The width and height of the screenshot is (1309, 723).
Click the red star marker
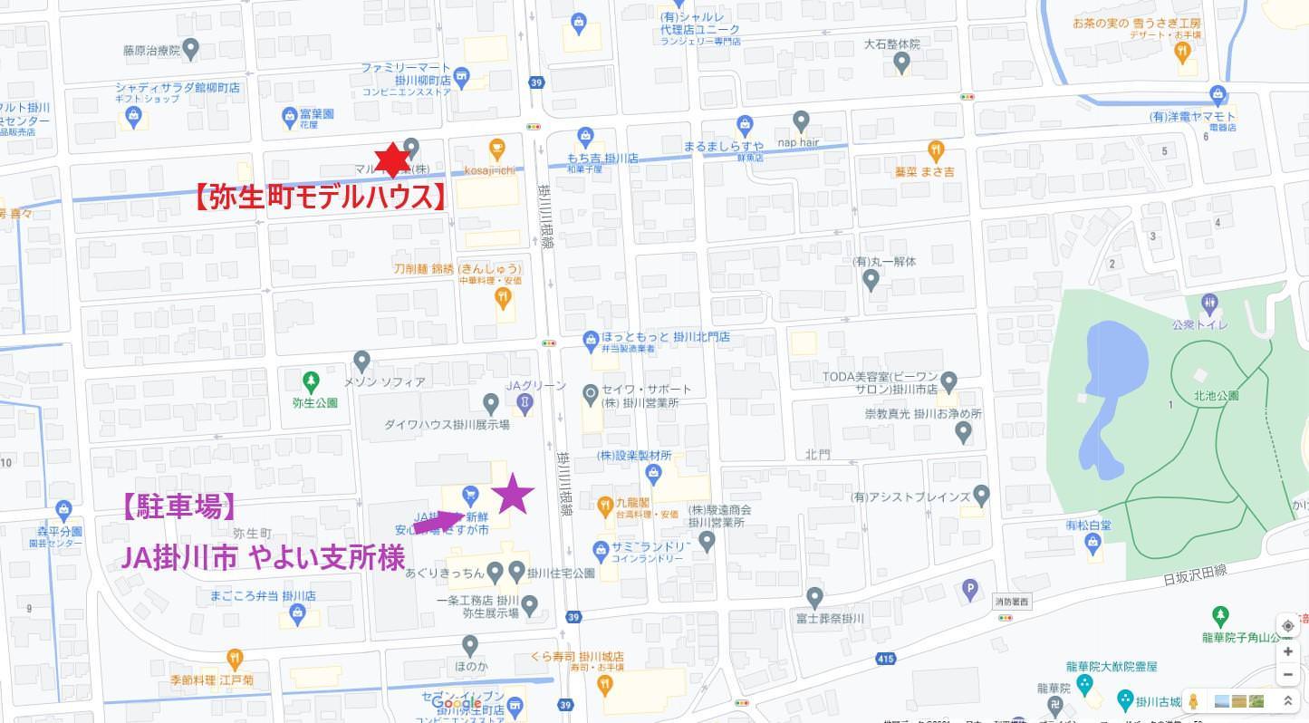coord(392,160)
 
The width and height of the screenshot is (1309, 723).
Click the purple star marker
coord(513,494)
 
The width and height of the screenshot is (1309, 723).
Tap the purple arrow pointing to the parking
coord(438,522)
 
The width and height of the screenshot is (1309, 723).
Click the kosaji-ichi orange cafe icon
coord(496,148)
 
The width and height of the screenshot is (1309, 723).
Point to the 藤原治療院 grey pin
coord(190,48)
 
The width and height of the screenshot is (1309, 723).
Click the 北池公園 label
coord(1216,396)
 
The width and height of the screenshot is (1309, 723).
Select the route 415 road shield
coord(886,659)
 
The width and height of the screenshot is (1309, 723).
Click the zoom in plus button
coord(1287,651)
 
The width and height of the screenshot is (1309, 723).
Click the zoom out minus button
coord(1287,675)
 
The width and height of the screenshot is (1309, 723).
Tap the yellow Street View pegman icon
coord(1193,701)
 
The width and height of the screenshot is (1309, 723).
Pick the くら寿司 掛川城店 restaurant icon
coord(604,683)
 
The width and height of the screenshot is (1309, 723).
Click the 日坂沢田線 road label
coord(1195,571)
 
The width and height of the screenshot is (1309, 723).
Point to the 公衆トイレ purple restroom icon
coord(1209,303)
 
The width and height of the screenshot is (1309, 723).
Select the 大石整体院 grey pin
coord(901,63)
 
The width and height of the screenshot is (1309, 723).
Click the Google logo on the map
coord(457,703)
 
